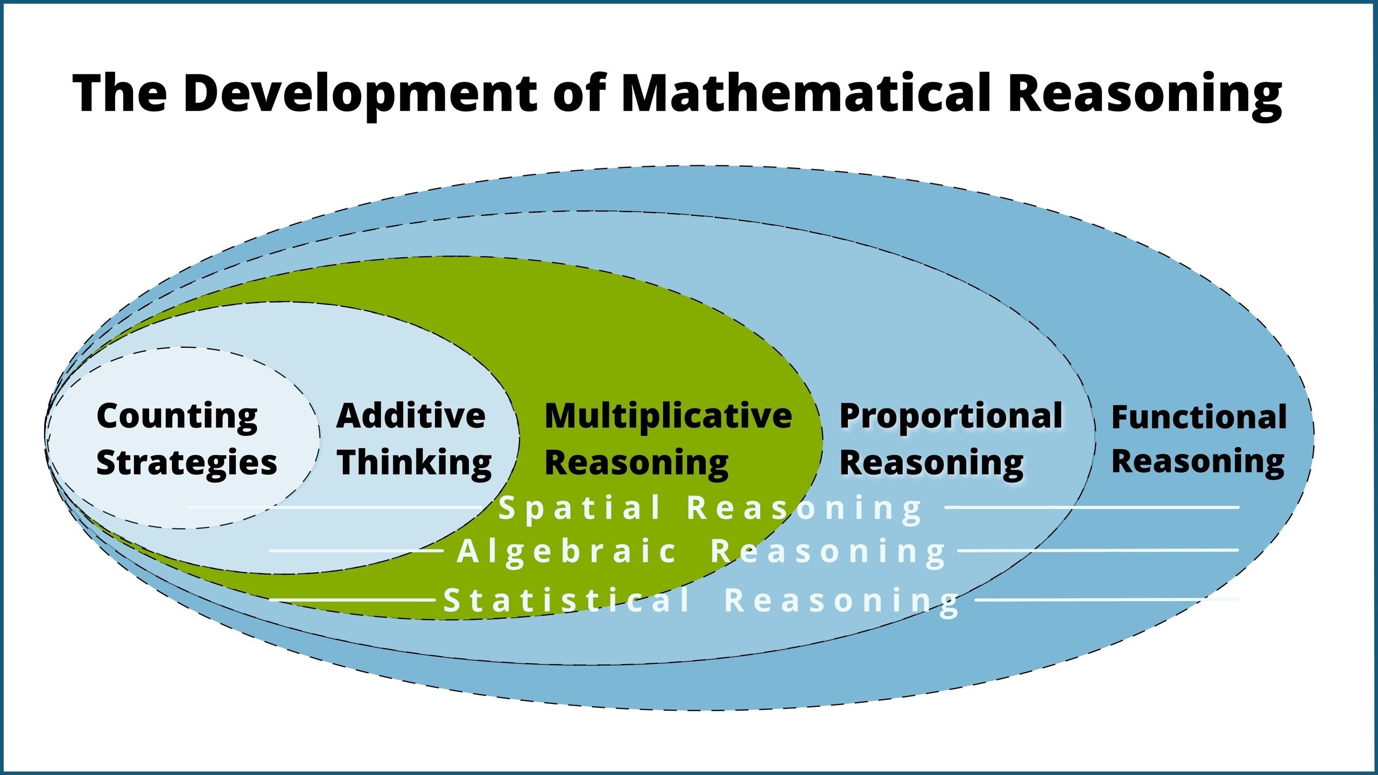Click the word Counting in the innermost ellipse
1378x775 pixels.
click(177, 417)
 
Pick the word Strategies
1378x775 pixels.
click(186, 463)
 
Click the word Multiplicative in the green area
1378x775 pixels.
click(668, 417)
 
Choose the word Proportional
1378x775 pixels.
click(951, 417)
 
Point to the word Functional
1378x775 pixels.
click(1199, 417)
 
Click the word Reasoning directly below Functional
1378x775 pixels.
click(1198, 463)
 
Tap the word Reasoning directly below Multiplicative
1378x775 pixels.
click(637, 463)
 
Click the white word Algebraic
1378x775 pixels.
click(567, 552)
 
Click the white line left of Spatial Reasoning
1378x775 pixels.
click(334, 507)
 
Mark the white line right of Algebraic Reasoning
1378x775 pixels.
click(1098, 550)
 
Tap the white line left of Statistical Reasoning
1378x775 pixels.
click(353, 599)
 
